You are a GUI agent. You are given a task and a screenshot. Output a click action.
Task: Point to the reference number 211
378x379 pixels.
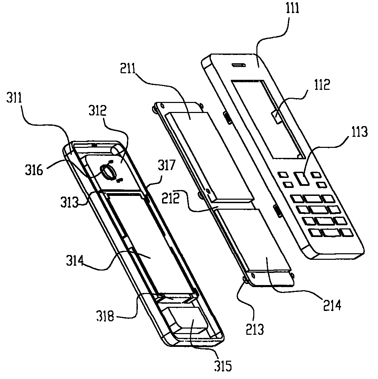[x=128, y=69]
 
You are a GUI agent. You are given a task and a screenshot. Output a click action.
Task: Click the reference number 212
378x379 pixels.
[x=171, y=198]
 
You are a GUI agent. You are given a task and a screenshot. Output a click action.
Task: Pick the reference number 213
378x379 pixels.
[x=255, y=329]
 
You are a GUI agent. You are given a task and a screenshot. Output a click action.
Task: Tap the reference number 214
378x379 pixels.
[x=332, y=305]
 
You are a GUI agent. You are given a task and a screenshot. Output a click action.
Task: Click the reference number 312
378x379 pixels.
[x=98, y=111]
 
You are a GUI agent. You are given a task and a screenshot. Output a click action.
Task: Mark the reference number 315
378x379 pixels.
[x=223, y=366]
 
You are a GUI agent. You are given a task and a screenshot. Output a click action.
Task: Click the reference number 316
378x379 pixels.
[x=34, y=170]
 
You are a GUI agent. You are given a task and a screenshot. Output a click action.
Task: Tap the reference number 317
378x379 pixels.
[x=167, y=165]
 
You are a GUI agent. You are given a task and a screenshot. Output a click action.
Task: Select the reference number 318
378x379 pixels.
[x=105, y=316]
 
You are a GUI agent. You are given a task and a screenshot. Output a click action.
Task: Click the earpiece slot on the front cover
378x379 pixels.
[x=239, y=65]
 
